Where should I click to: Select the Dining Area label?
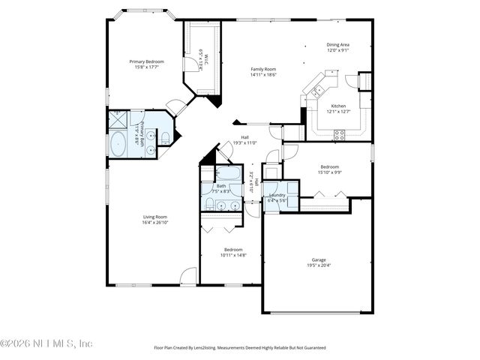(337, 44)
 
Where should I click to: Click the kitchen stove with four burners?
(339, 135)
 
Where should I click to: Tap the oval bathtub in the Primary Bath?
(118, 143)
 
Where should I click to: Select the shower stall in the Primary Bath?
(118, 120)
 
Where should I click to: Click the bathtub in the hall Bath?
(226, 174)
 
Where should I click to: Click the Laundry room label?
(276, 195)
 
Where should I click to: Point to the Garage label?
(318, 260)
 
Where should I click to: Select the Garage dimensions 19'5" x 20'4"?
(318, 265)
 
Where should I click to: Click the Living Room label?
(155, 217)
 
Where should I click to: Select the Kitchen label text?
(338, 106)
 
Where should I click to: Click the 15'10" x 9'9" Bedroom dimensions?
(330, 172)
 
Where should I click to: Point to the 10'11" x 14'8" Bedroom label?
(232, 250)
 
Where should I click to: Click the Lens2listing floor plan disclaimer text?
(240, 347)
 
